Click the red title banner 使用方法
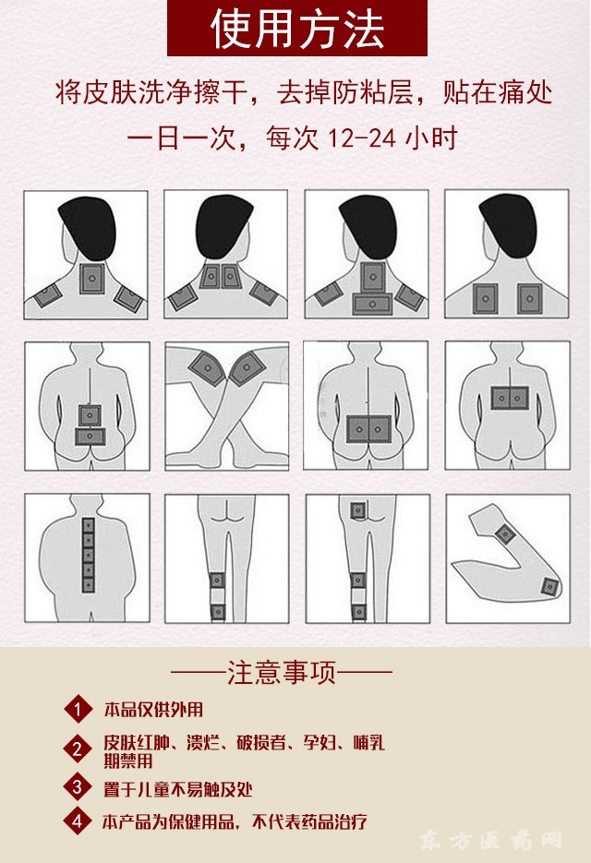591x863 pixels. (x=296, y=28)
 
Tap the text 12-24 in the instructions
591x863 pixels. (x=362, y=138)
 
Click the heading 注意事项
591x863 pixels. (x=282, y=673)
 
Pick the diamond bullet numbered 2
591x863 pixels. (x=78, y=749)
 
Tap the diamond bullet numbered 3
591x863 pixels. (x=78, y=787)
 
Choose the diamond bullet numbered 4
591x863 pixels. (x=78, y=821)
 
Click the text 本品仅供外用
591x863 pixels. (x=153, y=710)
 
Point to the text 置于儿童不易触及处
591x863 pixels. (x=178, y=789)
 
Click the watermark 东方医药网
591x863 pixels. (x=490, y=841)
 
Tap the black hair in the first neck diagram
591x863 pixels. (x=88, y=227)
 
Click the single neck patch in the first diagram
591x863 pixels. (x=92, y=279)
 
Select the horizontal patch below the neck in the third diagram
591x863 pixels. (x=372, y=304)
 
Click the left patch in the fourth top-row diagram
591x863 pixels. (x=485, y=298)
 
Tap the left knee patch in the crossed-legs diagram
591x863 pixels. (x=208, y=367)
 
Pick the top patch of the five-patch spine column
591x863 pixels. (x=88, y=525)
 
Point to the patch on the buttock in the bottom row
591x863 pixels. (x=358, y=510)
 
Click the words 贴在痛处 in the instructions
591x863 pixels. (x=498, y=92)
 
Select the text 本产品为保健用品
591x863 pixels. (x=170, y=822)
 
